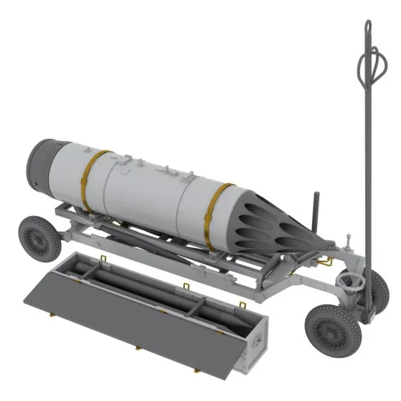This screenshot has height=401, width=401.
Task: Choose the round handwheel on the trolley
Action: click(x=349, y=281)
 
